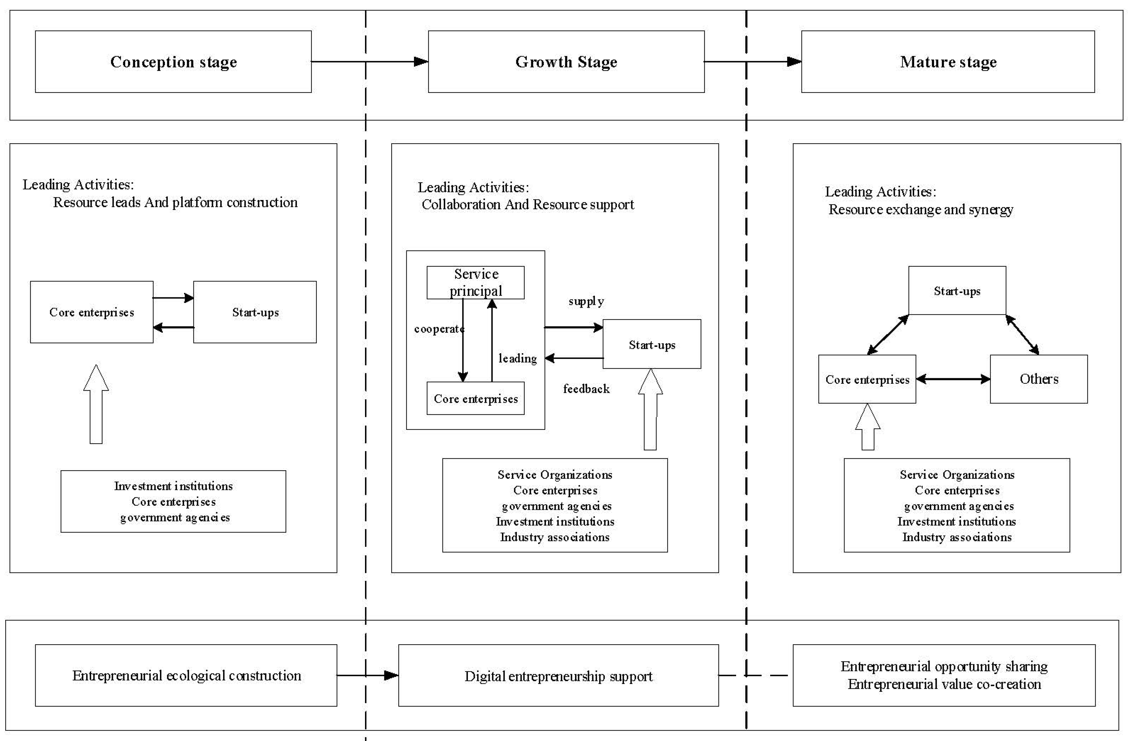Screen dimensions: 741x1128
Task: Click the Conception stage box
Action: tap(173, 62)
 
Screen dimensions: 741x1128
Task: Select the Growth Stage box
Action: tap(566, 62)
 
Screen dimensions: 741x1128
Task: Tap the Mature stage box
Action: tap(948, 62)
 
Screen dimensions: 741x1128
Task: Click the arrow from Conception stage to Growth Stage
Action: tap(370, 62)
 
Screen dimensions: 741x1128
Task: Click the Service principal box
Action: tap(475, 282)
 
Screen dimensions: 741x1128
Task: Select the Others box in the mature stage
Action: tap(1039, 379)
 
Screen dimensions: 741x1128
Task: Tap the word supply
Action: tap(586, 301)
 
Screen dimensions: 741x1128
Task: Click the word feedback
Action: tap(586, 389)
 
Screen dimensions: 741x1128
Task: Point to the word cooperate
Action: tap(438, 329)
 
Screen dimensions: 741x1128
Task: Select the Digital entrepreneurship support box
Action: tap(558, 675)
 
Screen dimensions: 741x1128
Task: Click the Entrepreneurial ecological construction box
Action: tap(186, 675)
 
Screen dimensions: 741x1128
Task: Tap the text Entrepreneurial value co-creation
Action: tap(944, 685)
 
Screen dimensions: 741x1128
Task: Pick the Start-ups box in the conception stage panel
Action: tap(255, 312)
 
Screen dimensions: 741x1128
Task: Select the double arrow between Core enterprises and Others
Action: tap(953, 379)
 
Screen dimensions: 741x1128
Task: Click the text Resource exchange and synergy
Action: tap(920, 209)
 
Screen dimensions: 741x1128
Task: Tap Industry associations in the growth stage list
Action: tap(554, 537)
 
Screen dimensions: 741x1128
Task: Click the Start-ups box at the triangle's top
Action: tap(957, 290)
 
